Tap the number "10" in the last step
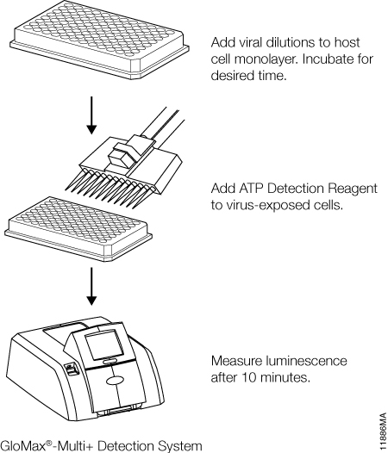pos(249,377)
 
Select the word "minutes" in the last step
pos(285,377)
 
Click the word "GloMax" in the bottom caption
pos(24,445)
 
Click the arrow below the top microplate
pos(91,115)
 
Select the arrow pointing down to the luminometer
pos(91,286)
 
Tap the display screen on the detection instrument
pos(104,345)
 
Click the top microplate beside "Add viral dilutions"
pos(99,40)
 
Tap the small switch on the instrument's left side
pos(71,369)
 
